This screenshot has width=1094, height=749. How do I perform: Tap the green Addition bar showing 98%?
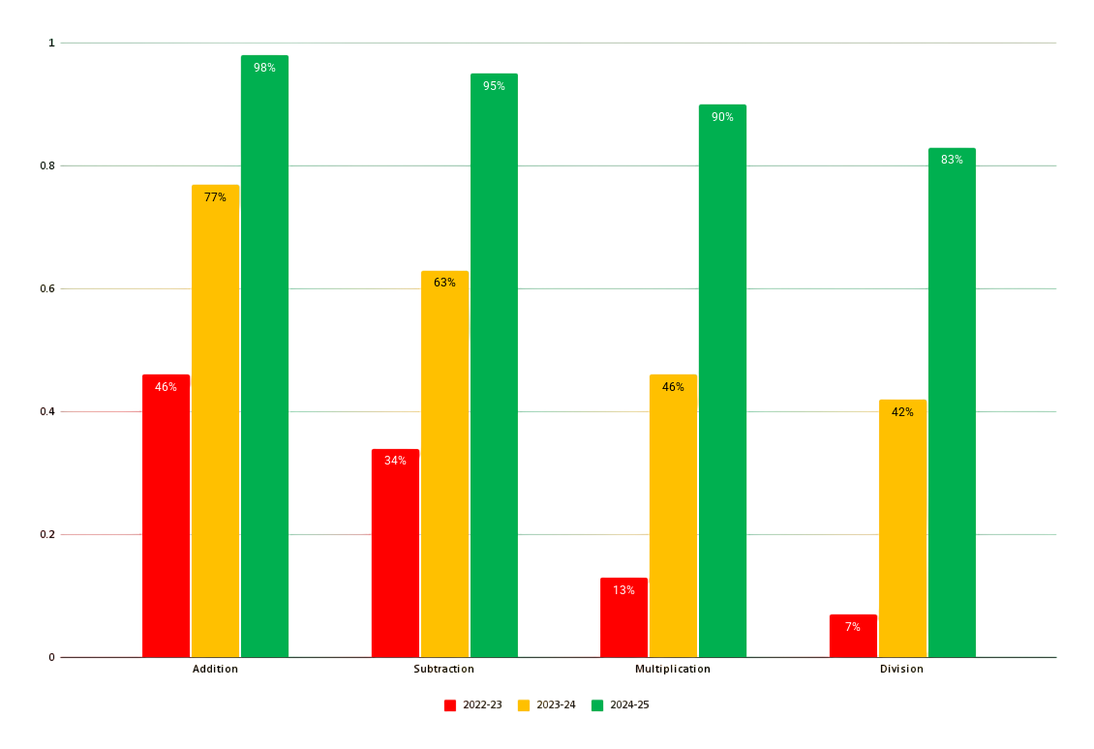264,358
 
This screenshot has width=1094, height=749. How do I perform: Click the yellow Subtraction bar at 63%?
444,464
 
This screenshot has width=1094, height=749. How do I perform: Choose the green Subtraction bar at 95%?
494,368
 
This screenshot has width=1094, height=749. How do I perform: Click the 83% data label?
952,160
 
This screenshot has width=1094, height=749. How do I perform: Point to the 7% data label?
853,627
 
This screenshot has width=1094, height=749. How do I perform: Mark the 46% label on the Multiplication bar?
673,387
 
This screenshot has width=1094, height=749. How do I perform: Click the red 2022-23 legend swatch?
450,705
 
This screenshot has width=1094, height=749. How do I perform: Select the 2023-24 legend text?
556,705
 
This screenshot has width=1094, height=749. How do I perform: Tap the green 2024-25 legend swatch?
597,705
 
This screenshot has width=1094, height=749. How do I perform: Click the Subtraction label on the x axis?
443,669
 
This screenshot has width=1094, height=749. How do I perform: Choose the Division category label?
901,669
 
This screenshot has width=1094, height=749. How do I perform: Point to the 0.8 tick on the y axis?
47,165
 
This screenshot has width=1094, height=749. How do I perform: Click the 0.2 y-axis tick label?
47,534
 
